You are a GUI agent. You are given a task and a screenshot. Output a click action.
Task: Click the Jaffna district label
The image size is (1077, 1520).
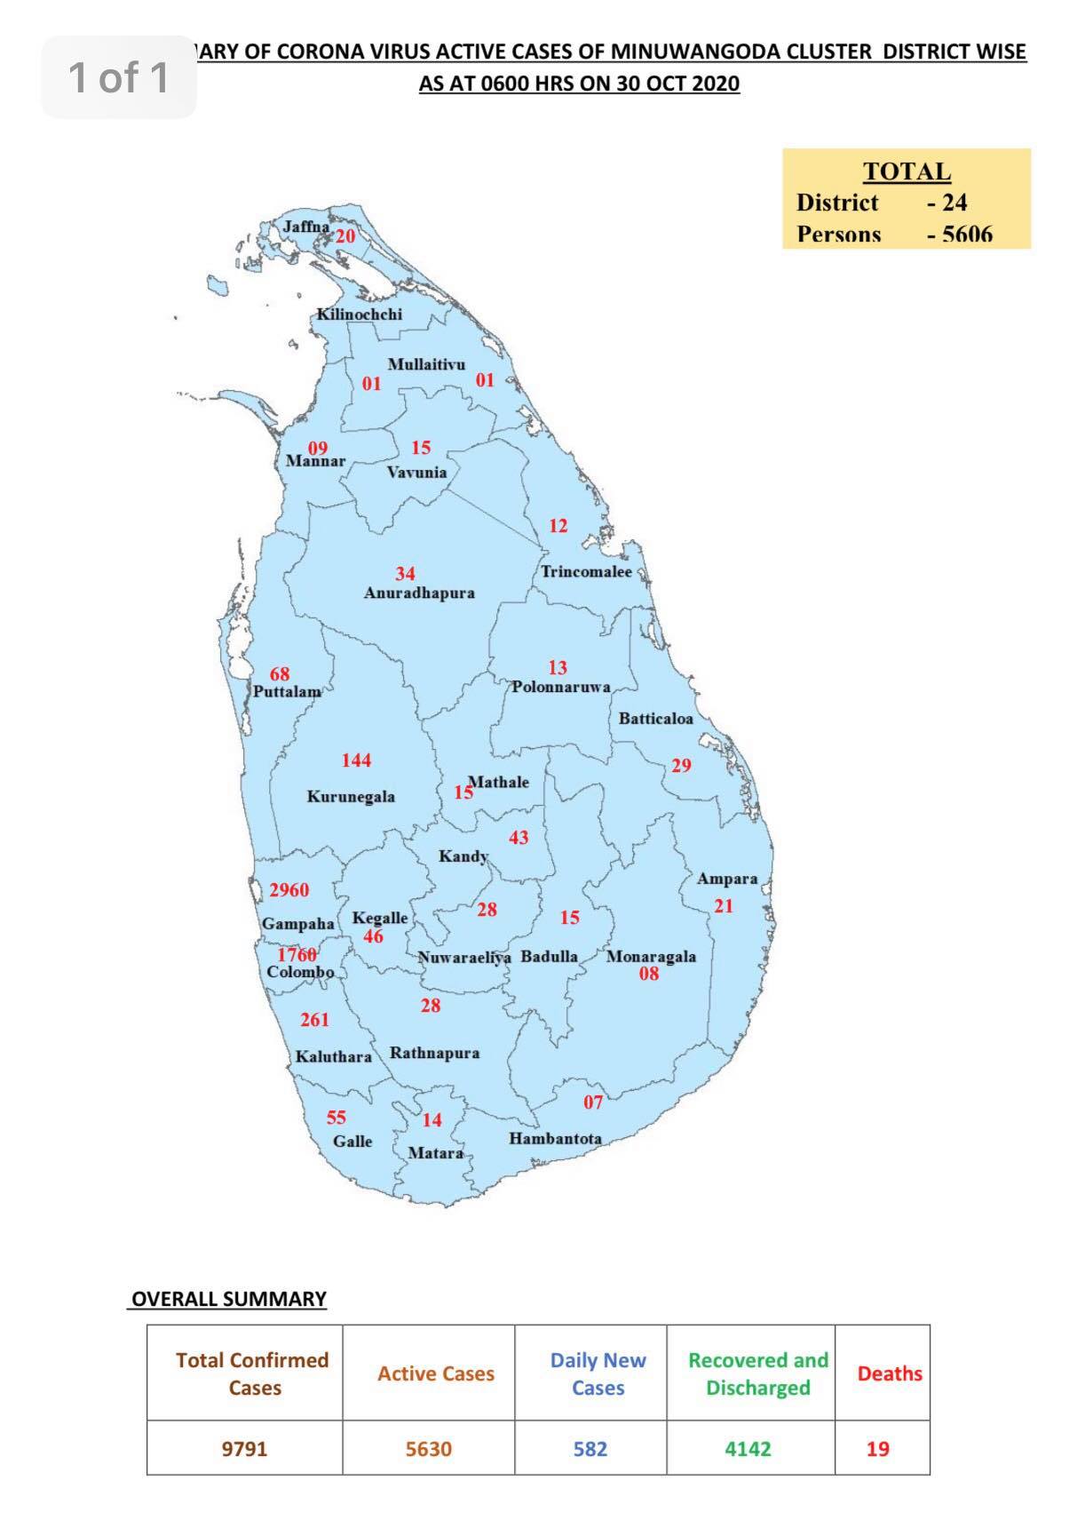coord(305,227)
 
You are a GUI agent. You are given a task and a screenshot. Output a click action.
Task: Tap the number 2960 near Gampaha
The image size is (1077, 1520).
coord(289,889)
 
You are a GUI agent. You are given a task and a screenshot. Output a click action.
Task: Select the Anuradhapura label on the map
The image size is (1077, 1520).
coord(419,593)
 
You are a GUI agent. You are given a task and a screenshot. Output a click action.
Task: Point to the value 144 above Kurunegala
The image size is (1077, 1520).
coord(356,760)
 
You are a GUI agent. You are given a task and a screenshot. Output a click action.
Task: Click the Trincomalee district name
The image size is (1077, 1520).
coord(587,571)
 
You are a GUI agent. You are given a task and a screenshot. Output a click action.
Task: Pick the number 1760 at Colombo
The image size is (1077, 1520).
coord(297,954)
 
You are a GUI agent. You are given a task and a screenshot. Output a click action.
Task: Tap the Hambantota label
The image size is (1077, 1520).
coord(555,1138)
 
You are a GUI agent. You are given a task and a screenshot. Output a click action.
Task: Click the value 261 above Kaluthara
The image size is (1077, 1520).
coord(314,1020)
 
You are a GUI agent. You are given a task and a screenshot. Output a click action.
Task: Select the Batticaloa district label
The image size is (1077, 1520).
coord(655,718)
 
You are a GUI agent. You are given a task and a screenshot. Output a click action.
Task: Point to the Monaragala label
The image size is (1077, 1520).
coord(651,957)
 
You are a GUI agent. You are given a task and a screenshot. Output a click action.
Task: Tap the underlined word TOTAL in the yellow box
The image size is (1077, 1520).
coord(907,171)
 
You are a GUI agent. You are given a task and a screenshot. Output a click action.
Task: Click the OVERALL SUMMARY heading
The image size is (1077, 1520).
coord(229,1299)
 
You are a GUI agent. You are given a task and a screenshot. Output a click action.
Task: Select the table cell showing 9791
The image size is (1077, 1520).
coord(244,1449)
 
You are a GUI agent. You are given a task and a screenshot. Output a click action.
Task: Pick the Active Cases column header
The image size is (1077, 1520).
coord(436,1373)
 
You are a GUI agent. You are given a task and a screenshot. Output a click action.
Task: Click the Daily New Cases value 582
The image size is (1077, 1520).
coord(590,1449)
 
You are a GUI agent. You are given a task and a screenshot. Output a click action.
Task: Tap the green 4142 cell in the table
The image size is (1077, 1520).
coord(748,1449)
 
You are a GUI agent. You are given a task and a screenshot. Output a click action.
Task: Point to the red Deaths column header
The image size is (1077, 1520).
coord(890,1373)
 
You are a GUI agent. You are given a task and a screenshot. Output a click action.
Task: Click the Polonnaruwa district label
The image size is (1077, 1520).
coord(560,687)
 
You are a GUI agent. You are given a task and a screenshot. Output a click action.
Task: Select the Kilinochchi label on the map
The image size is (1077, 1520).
coord(360,314)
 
